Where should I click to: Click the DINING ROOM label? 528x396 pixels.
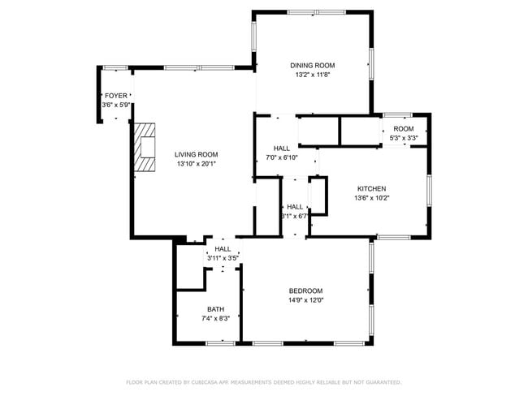point(313,65)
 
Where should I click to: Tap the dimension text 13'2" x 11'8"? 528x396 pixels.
point(313,75)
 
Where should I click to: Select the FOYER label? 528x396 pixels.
point(115,96)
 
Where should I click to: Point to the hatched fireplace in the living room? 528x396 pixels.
point(145,147)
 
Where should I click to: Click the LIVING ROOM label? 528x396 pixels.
point(196,154)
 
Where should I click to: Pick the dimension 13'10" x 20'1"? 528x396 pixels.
point(196,164)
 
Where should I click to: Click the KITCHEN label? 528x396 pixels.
point(371,188)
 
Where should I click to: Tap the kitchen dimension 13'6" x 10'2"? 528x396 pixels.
point(371,198)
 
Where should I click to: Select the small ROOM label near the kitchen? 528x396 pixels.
point(404,129)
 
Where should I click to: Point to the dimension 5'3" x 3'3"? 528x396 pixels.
point(404,138)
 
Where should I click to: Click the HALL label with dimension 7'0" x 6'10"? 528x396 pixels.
point(282,148)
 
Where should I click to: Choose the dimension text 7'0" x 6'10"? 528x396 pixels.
point(282,157)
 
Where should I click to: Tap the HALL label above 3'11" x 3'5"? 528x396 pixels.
point(223,249)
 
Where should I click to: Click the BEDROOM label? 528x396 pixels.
point(305,291)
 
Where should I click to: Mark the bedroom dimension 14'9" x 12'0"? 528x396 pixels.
point(305,300)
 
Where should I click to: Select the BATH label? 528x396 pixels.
point(215,308)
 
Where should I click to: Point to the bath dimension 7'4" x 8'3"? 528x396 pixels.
point(215,318)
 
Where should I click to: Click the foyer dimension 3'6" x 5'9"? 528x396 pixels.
point(115,105)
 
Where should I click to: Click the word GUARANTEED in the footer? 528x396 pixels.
point(381,381)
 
